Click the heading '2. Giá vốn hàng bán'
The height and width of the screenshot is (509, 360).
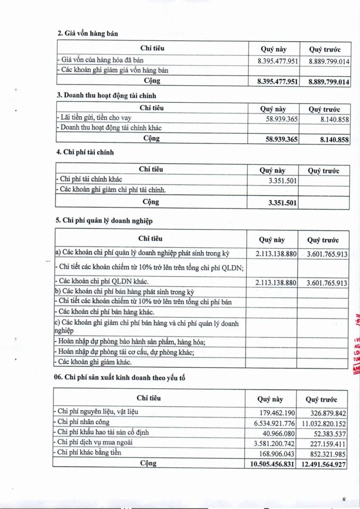coord(88,34)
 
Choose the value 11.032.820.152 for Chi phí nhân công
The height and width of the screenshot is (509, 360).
coord(324,423)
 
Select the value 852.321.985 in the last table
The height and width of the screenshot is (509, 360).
coord(326,454)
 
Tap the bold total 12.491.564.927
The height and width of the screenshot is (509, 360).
coord(323,464)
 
